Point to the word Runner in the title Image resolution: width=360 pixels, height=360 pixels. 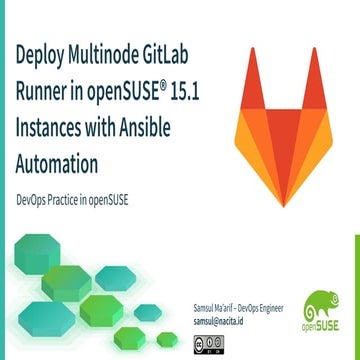pos(40,94)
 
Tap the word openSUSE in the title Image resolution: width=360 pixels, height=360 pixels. pos(123,94)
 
